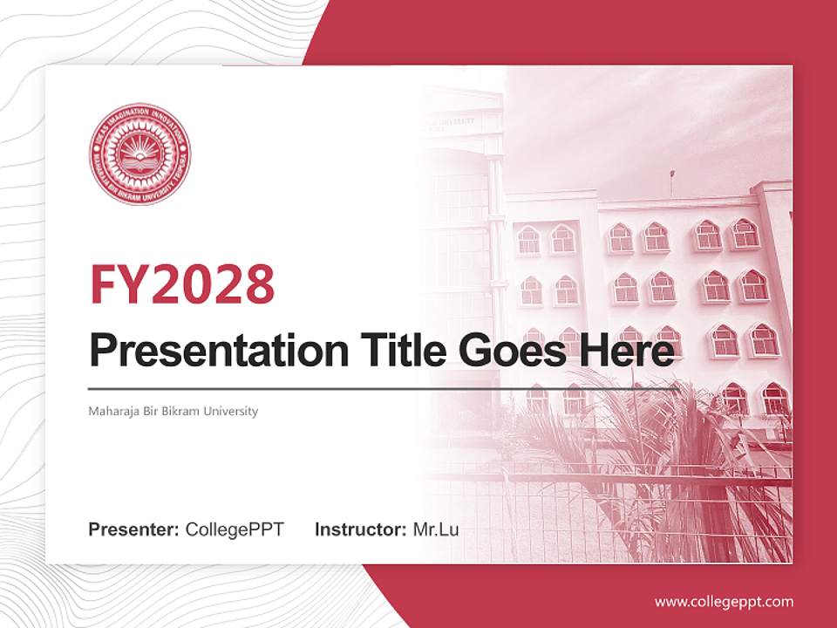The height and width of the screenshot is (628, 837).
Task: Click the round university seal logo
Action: pyautogui.click(x=139, y=154)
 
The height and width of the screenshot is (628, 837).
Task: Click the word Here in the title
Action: pyautogui.click(x=629, y=351)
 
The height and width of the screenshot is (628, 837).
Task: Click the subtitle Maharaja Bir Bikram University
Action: pyautogui.click(x=174, y=411)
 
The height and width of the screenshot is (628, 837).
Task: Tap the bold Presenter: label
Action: pyautogui.click(x=134, y=529)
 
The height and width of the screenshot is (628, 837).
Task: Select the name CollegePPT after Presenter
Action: pyautogui.click(x=235, y=529)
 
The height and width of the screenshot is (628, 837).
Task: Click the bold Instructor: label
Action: pyautogui.click(x=361, y=529)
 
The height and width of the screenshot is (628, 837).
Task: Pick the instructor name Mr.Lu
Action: pyautogui.click(x=436, y=529)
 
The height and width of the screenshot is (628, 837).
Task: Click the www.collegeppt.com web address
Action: pyautogui.click(x=724, y=601)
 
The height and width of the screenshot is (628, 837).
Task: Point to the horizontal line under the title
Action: pyautogui.click(x=384, y=388)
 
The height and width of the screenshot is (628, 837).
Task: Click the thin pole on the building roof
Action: pyautogui.click(x=671, y=182)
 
